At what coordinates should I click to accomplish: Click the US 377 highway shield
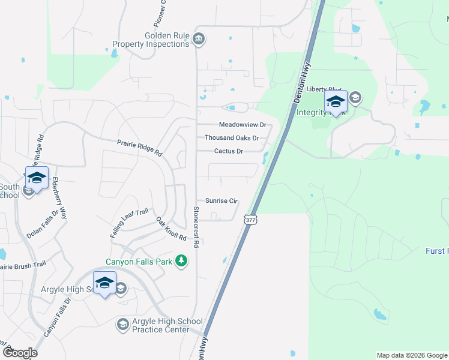(250, 220)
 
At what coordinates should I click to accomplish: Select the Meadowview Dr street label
(242, 125)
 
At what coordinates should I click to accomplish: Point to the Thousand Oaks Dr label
(232, 138)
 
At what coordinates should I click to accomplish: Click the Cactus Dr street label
(229, 151)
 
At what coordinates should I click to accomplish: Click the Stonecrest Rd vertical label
(196, 227)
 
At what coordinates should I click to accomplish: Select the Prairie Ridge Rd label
(140, 147)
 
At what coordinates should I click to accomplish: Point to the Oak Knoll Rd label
(171, 229)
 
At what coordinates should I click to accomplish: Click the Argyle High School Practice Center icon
(122, 325)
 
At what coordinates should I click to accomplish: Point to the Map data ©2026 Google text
(412, 355)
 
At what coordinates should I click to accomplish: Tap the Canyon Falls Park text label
(139, 262)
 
